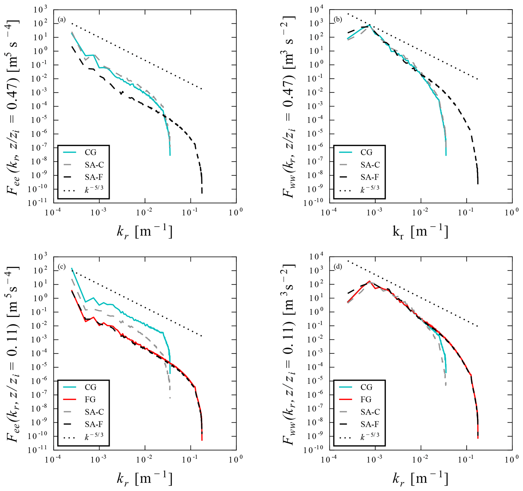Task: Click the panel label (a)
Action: point(62,19)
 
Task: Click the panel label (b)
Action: point(338,19)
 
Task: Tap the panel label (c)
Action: point(62,267)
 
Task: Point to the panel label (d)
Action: point(338,267)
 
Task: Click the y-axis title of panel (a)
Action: point(13,106)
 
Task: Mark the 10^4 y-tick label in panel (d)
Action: point(317,257)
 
